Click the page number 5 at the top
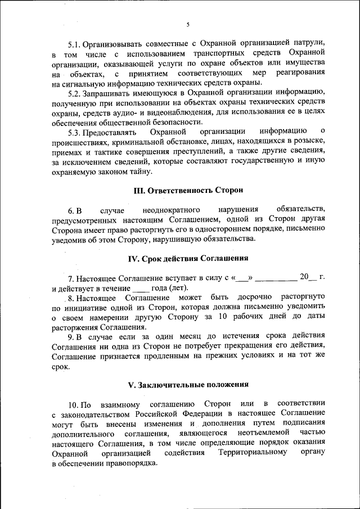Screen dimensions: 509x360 click(x=188, y=24)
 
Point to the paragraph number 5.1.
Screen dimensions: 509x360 click(x=75, y=43)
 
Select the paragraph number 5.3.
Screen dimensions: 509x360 click(x=75, y=132)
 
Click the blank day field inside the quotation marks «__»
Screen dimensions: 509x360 click(x=242, y=277)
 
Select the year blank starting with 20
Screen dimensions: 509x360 click(x=308, y=277)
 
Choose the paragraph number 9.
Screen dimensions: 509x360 click(x=71, y=336)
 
